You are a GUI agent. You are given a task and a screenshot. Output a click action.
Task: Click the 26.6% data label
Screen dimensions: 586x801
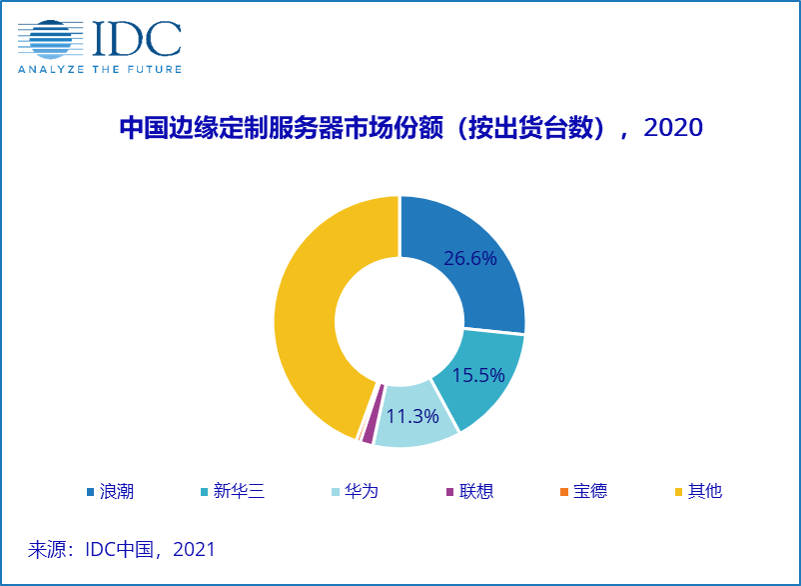point(470,258)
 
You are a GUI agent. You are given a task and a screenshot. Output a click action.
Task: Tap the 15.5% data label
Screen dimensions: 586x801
point(477,376)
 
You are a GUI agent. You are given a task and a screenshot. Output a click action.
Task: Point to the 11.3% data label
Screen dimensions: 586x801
point(413,416)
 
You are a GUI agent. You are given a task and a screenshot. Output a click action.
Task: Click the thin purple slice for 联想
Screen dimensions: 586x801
point(370,427)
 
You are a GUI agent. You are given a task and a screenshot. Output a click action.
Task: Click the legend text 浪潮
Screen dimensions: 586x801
point(117,491)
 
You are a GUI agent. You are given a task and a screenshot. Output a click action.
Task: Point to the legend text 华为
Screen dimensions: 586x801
point(362,491)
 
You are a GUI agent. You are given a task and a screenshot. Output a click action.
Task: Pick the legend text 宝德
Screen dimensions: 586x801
point(590,491)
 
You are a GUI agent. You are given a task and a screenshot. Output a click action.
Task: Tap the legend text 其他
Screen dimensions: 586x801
point(704,491)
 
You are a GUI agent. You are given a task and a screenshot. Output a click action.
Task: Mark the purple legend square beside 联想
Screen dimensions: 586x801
point(449,491)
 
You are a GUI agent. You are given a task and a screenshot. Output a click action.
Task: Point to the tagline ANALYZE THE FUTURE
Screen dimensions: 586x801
point(99,69)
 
